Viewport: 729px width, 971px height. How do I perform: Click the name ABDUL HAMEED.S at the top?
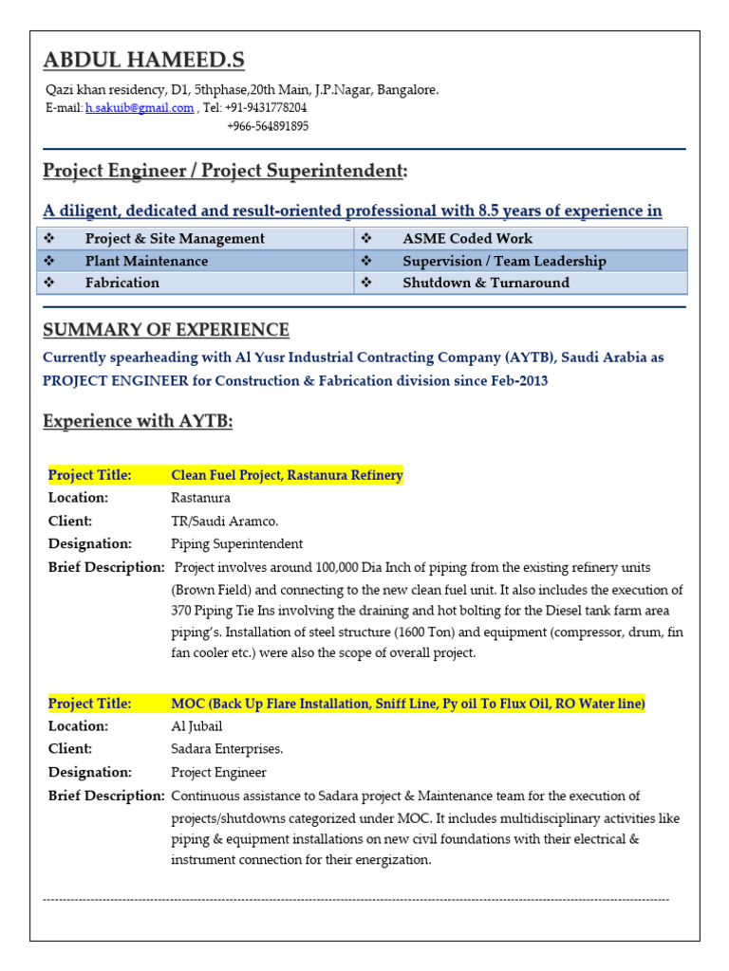143,61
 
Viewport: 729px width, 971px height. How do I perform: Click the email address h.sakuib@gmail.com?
140,108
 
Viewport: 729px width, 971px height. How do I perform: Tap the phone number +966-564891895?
268,126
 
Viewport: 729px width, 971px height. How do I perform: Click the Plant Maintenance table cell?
146,261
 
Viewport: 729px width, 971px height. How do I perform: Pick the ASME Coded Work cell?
467,239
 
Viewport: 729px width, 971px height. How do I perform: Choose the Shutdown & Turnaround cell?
486,283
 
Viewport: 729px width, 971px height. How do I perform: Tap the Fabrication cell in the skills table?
122,283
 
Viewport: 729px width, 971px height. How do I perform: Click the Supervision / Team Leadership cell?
504,261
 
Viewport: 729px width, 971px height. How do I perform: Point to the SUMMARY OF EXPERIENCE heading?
166,330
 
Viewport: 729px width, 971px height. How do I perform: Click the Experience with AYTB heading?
138,421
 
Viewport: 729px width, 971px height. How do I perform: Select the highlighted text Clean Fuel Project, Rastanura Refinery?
287,475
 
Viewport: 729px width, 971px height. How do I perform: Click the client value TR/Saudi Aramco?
224,521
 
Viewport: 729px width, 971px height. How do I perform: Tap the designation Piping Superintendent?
236,543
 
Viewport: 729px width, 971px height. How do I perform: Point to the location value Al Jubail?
196,726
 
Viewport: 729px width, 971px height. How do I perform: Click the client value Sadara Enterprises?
227,749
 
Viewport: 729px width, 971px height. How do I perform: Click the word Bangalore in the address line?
407,90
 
